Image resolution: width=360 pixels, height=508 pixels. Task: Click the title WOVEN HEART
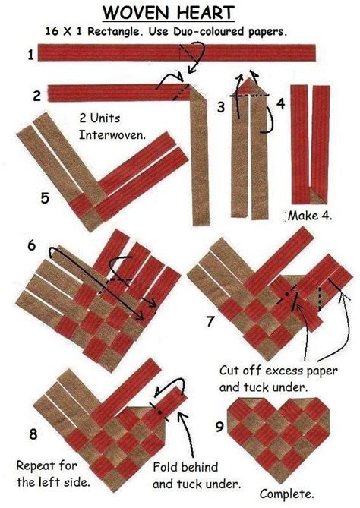(180, 13)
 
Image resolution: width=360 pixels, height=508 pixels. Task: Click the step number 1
(31, 54)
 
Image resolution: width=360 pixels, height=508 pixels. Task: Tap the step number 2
(36, 96)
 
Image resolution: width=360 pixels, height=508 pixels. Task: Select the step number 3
(220, 107)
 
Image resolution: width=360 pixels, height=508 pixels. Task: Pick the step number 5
(45, 198)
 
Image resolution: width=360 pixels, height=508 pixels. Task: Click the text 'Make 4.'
(310, 216)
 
